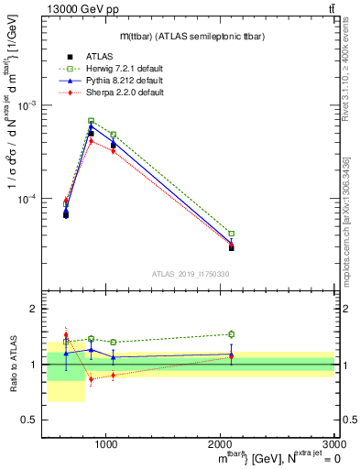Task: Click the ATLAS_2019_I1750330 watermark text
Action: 190,275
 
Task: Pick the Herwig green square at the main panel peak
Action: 91,121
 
